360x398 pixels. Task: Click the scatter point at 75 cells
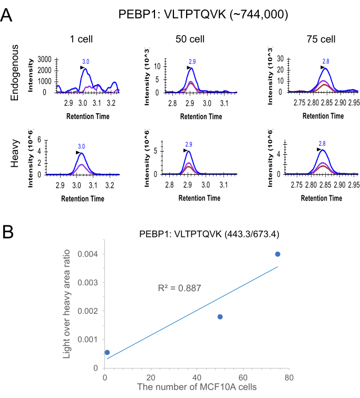click(x=278, y=254)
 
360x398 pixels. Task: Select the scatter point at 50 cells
click(x=220, y=316)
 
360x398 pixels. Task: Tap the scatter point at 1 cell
click(x=107, y=352)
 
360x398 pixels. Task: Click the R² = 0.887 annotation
click(x=179, y=288)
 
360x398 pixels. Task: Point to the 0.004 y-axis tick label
click(x=87, y=254)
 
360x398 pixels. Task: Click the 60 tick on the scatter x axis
click(x=244, y=378)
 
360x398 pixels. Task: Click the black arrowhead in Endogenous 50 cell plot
click(x=189, y=68)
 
